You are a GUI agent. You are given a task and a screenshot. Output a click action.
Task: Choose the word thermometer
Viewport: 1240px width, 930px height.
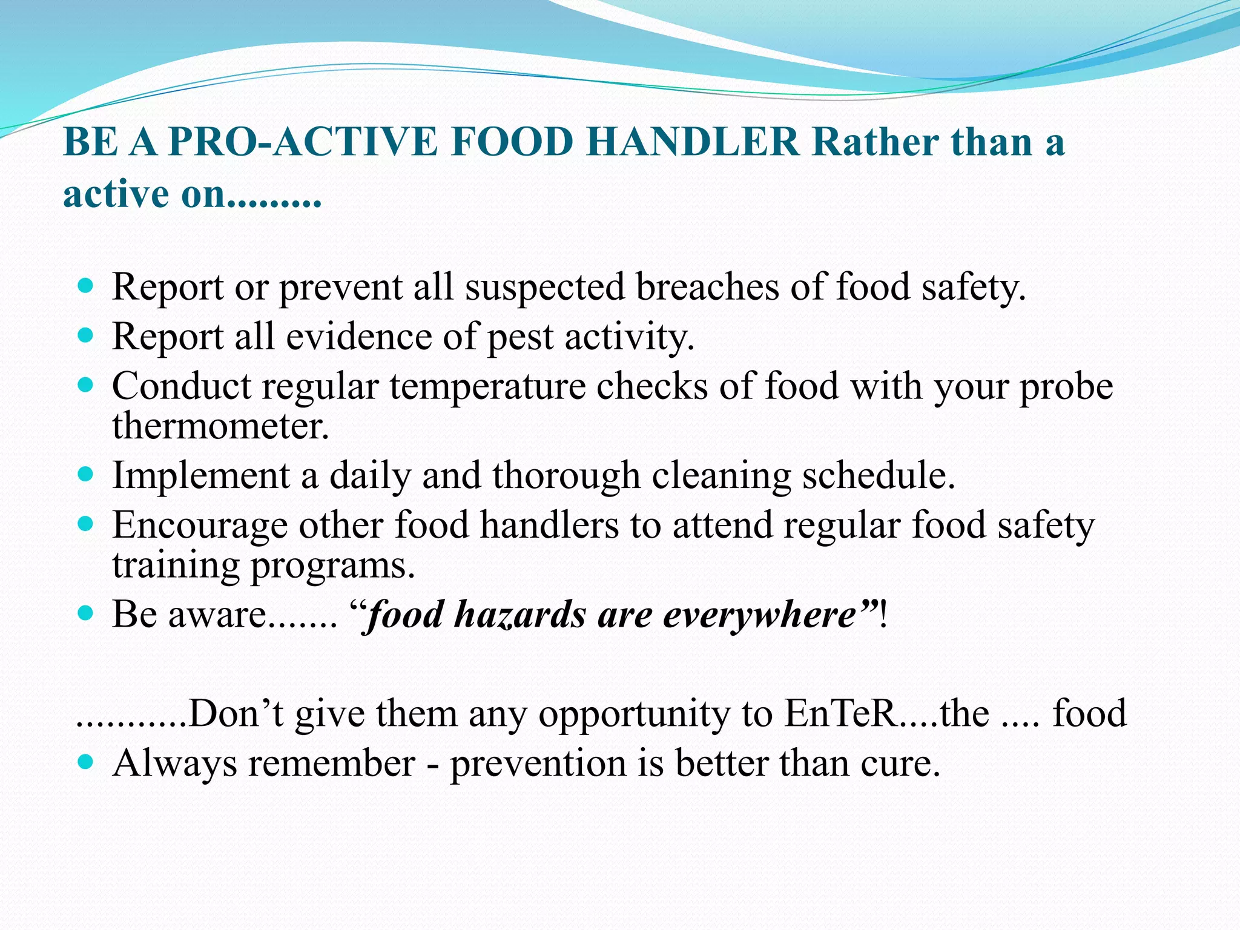click(x=220, y=426)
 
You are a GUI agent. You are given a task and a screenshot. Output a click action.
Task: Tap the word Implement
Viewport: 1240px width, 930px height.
click(x=200, y=476)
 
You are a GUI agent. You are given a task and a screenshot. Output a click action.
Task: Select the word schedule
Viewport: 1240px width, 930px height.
click(x=878, y=476)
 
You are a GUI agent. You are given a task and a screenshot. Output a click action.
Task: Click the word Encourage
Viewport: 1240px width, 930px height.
click(x=199, y=526)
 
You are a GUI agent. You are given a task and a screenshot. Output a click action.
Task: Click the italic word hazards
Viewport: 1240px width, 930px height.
click(x=520, y=615)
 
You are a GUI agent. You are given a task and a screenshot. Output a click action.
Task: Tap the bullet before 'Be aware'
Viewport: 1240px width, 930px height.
click(x=86, y=613)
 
